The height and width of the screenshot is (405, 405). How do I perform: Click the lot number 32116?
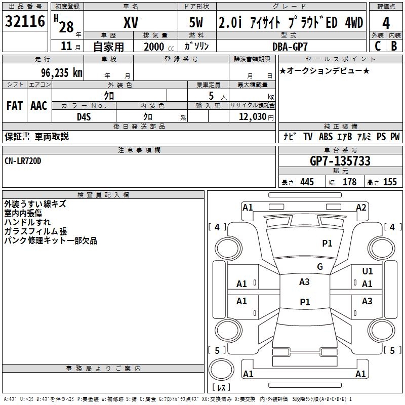click(25, 22)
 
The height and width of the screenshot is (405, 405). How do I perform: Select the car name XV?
click(131, 23)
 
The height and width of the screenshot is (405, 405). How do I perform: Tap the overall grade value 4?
click(386, 23)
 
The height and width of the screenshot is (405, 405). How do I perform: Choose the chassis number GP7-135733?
click(340, 161)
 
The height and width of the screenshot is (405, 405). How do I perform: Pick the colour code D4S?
click(84, 117)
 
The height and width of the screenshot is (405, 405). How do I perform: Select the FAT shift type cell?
click(14, 106)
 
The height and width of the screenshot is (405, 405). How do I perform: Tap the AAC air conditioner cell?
click(39, 106)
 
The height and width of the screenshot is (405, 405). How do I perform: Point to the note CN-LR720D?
click(23, 160)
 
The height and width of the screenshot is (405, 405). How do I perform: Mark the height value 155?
click(390, 182)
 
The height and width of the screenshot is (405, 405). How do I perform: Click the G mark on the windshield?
click(319, 267)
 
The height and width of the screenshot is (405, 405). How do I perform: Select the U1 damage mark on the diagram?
click(368, 271)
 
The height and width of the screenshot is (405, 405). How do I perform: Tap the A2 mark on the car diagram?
click(361, 207)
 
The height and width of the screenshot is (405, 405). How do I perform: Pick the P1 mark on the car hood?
click(328, 244)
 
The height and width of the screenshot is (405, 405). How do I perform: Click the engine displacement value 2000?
click(154, 47)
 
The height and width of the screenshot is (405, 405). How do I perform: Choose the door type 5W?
click(197, 23)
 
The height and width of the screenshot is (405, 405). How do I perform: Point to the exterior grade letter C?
click(377, 46)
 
